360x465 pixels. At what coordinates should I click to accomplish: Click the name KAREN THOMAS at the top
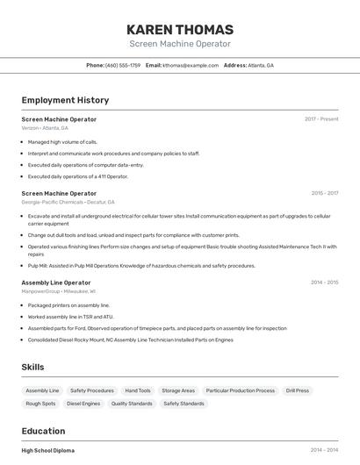[180, 30]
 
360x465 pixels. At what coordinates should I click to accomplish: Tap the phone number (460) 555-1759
[123, 66]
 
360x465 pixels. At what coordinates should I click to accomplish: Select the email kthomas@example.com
[191, 66]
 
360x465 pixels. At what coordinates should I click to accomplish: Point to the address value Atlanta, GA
[261, 66]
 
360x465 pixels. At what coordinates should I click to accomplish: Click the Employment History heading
[65, 100]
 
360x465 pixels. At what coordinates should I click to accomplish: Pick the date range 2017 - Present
[321, 119]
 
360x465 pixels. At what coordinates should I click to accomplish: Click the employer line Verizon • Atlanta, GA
[45, 128]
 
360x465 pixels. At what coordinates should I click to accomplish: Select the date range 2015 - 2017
[324, 193]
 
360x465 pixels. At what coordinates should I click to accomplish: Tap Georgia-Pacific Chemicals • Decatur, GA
[66, 202]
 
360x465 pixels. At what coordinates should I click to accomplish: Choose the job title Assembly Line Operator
[56, 283]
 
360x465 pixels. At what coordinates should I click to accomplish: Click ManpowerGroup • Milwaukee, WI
[59, 291]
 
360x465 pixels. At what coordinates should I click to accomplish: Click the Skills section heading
[33, 367]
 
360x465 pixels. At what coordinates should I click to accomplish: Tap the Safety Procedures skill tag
[92, 390]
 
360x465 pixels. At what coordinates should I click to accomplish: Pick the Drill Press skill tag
[297, 390]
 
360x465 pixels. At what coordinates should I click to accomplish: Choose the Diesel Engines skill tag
[83, 404]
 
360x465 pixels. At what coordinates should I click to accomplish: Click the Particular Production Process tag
[241, 390]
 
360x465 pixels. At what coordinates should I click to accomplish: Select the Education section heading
[43, 431]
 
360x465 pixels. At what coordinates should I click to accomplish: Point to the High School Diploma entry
[48, 450]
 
